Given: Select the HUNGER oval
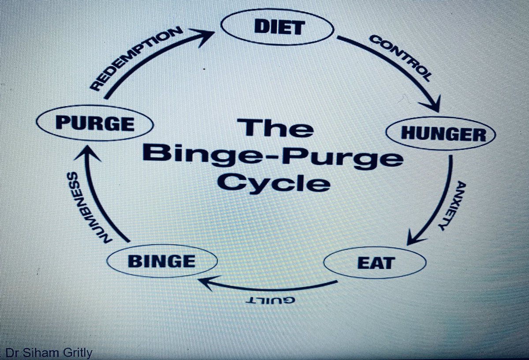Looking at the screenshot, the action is pos(441,133).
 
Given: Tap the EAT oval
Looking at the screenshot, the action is pos(374,263).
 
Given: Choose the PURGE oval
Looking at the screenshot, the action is pos(95,123).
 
